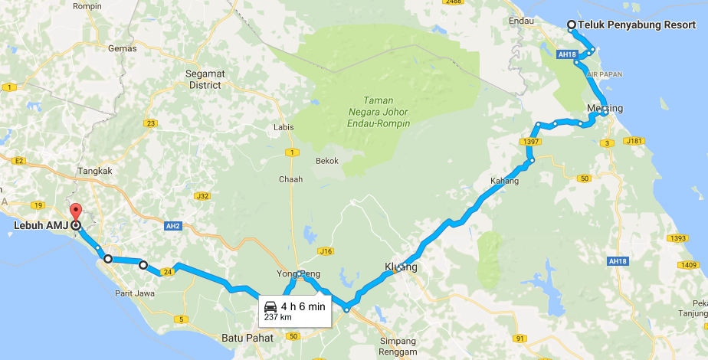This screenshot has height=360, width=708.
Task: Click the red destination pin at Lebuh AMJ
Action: pos(74,212)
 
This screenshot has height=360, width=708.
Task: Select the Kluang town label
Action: pos(401,267)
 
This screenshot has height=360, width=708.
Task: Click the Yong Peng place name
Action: pos(297,273)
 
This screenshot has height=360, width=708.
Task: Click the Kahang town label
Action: pos(504,182)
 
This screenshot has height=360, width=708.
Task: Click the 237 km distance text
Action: pos(278,316)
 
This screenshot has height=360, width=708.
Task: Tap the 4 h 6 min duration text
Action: pos(303,306)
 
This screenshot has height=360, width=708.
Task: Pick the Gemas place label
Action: pos(123,47)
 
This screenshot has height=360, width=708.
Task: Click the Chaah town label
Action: pos(290,179)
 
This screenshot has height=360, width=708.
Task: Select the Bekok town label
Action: pos(327,161)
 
